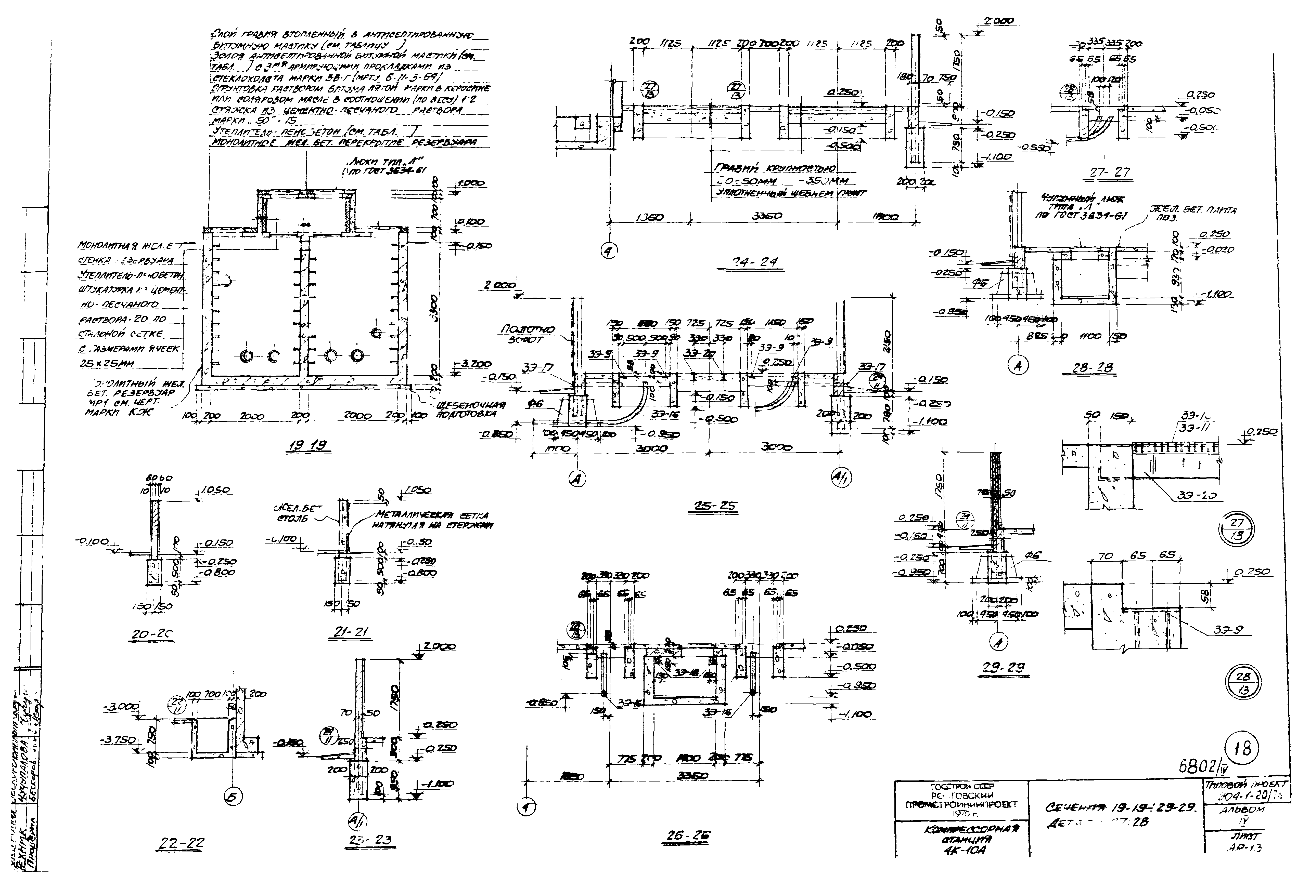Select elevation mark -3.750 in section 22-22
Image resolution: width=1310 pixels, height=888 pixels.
[x=118, y=740]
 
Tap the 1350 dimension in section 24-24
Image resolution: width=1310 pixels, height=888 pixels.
[x=648, y=218]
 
